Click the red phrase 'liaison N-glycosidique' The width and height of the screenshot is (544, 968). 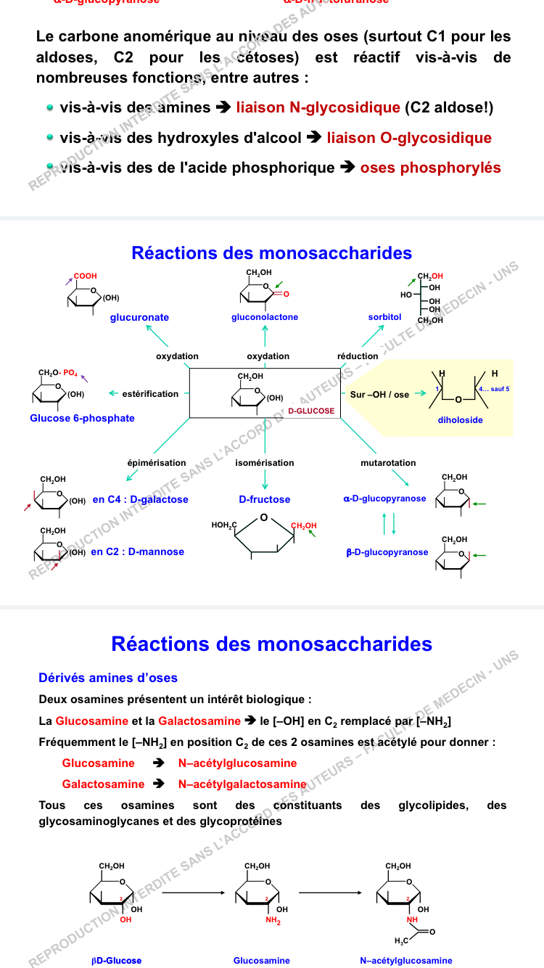tap(318, 108)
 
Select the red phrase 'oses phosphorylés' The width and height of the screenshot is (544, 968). tap(430, 168)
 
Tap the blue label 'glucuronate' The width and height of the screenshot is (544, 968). tap(140, 317)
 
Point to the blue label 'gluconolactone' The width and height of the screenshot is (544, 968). tap(265, 317)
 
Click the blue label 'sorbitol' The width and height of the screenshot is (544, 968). tap(384, 317)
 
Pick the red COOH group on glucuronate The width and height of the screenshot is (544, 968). tap(85, 276)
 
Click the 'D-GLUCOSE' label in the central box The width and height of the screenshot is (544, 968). tap(311, 411)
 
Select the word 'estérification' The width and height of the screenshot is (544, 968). tap(150, 394)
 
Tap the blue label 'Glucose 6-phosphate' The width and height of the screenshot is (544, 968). tap(82, 418)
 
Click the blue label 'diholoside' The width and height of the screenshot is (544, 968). tap(460, 420)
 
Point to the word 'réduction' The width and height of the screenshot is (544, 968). tap(358, 356)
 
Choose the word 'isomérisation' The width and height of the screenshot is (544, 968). tap(265, 463)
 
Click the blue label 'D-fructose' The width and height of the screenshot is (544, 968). tap(265, 499)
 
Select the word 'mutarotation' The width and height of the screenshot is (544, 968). tap(388, 463)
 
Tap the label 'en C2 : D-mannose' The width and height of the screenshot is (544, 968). tap(137, 551)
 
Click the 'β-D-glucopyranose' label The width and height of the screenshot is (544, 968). tap(387, 552)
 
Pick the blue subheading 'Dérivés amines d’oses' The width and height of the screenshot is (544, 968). tap(108, 678)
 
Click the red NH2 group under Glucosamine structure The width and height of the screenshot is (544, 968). tap(273, 921)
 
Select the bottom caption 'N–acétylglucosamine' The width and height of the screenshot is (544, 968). tap(405, 961)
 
